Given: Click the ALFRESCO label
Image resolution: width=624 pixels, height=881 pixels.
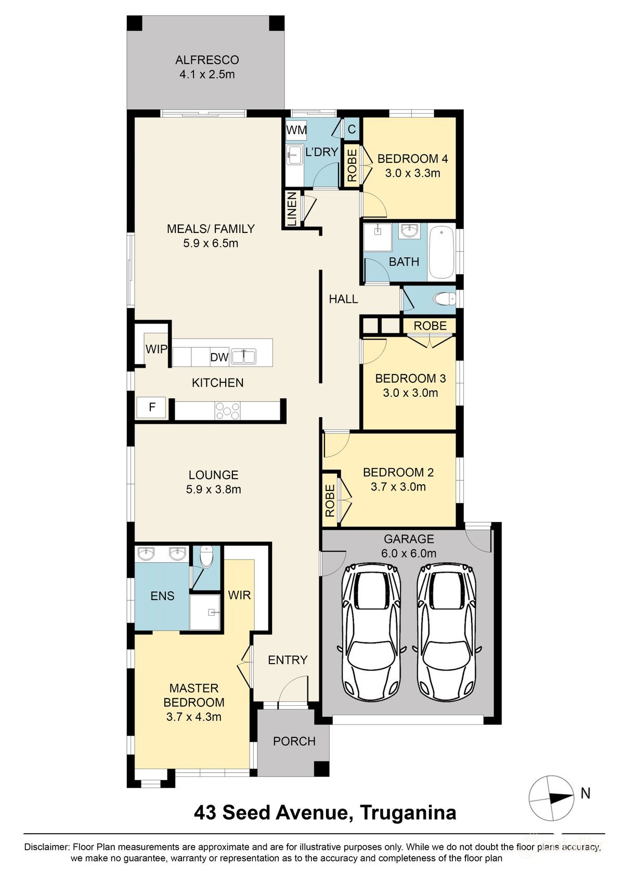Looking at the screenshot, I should click(x=206, y=59).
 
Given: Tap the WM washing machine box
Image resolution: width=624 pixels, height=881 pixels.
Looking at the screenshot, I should click(x=296, y=130).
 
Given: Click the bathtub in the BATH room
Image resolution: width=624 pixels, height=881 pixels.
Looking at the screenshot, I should click(x=441, y=252).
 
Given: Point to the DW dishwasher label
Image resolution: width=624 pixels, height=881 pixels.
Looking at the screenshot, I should click(x=219, y=357).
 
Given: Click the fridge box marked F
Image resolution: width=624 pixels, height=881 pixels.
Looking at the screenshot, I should click(x=152, y=407).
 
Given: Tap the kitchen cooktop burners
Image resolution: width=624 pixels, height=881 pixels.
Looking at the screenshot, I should click(x=228, y=410).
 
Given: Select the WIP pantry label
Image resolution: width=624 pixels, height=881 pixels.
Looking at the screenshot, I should click(x=156, y=349).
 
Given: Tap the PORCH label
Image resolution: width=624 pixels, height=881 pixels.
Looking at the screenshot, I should click(x=294, y=741).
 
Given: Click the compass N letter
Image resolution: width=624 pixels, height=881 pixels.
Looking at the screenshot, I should click(x=586, y=793).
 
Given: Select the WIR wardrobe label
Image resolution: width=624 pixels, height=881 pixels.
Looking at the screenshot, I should click(x=239, y=595).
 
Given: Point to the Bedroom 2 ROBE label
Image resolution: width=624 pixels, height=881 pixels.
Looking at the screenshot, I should click(x=330, y=501).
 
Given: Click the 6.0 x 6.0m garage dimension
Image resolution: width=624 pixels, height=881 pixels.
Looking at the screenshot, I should click(x=409, y=553).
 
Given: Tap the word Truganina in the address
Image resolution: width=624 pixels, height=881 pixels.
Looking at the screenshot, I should click(x=408, y=812).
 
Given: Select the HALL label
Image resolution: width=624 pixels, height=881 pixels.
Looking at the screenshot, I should click(x=343, y=299).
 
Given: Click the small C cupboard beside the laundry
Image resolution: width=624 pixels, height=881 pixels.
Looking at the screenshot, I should click(x=352, y=129).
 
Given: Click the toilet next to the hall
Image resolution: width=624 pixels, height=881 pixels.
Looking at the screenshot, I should click(x=445, y=299).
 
